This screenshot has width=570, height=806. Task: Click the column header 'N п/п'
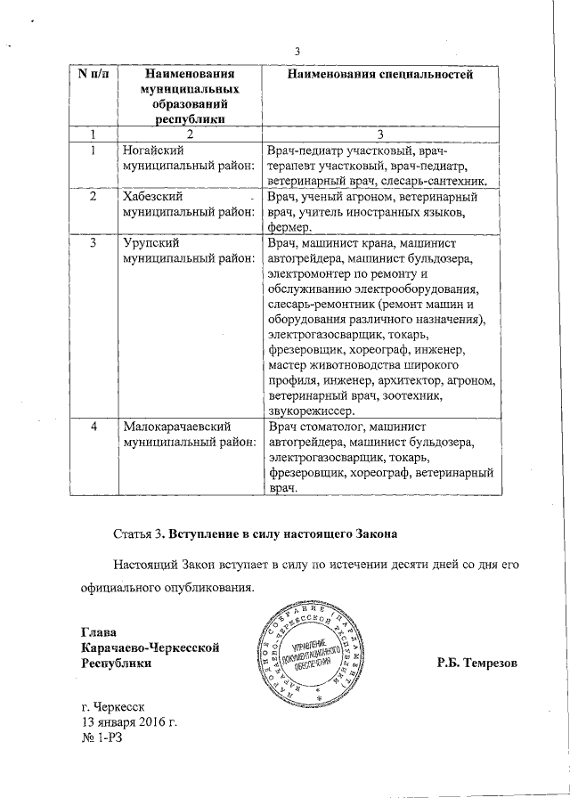pos(94,74)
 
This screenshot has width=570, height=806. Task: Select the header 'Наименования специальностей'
pos(379,74)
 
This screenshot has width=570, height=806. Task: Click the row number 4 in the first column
pos(94,427)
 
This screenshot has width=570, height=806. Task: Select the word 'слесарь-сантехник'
pos(432,180)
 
